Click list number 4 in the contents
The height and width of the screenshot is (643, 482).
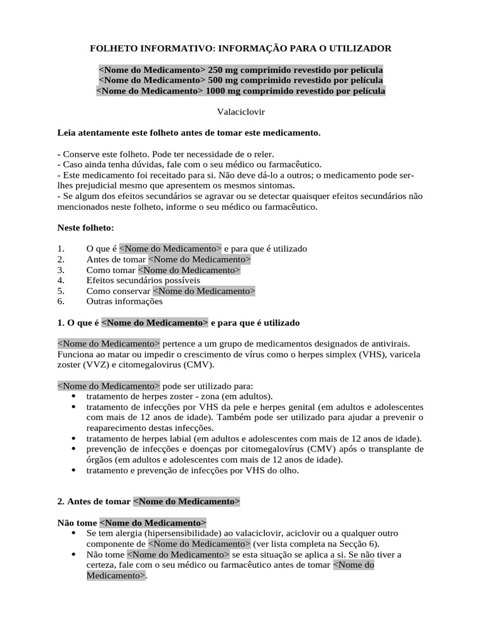pyautogui.click(x=61, y=280)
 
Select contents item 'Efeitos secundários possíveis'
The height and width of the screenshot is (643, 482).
pyautogui.click(x=143, y=280)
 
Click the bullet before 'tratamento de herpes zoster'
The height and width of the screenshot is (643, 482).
pyautogui.click(x=73, y=397)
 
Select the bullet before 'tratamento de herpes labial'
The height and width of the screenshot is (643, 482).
pyautogui.click(x=73, y=439)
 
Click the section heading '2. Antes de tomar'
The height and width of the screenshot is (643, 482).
pyautogui.click(x=94, y=502)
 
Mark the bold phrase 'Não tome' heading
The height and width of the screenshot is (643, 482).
pyautogui.click(x=77, y=522)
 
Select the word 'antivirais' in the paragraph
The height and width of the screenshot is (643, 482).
pyautogui.click(x=388, y=343)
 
